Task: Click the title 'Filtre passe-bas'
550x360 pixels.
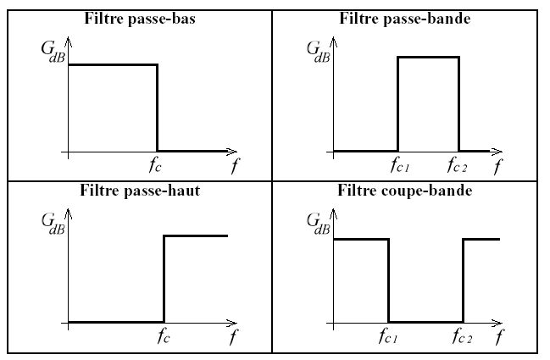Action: [140, 19]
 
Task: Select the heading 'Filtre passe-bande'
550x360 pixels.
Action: [405, 19]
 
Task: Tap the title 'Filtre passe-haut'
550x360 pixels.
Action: [140, 191]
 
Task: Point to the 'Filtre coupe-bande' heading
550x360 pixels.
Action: [405, 191]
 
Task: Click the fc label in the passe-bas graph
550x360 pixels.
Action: [155, 165]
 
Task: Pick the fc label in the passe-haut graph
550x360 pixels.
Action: [164, 337]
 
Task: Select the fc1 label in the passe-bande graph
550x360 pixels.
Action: [400, 165]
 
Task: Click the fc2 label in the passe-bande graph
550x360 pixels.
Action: [457, 165]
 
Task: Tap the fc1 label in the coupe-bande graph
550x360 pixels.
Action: [388, 337]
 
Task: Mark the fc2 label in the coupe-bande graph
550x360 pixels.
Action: [462, 337]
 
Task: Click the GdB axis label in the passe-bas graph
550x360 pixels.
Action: [53, 52]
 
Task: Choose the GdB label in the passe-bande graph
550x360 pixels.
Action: [318, 52]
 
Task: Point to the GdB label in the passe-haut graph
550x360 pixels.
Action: [53, 224]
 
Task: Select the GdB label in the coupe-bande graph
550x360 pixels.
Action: [318, 224]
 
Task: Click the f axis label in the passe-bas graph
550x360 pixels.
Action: [235, 165]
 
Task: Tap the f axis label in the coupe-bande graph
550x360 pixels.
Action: [499, 337]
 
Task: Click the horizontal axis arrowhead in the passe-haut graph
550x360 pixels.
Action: [232, 324]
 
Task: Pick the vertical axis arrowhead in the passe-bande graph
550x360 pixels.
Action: [334, 42]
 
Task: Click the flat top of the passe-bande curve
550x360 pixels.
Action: [428, 57]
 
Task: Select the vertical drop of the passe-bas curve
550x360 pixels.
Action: [157, 108]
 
